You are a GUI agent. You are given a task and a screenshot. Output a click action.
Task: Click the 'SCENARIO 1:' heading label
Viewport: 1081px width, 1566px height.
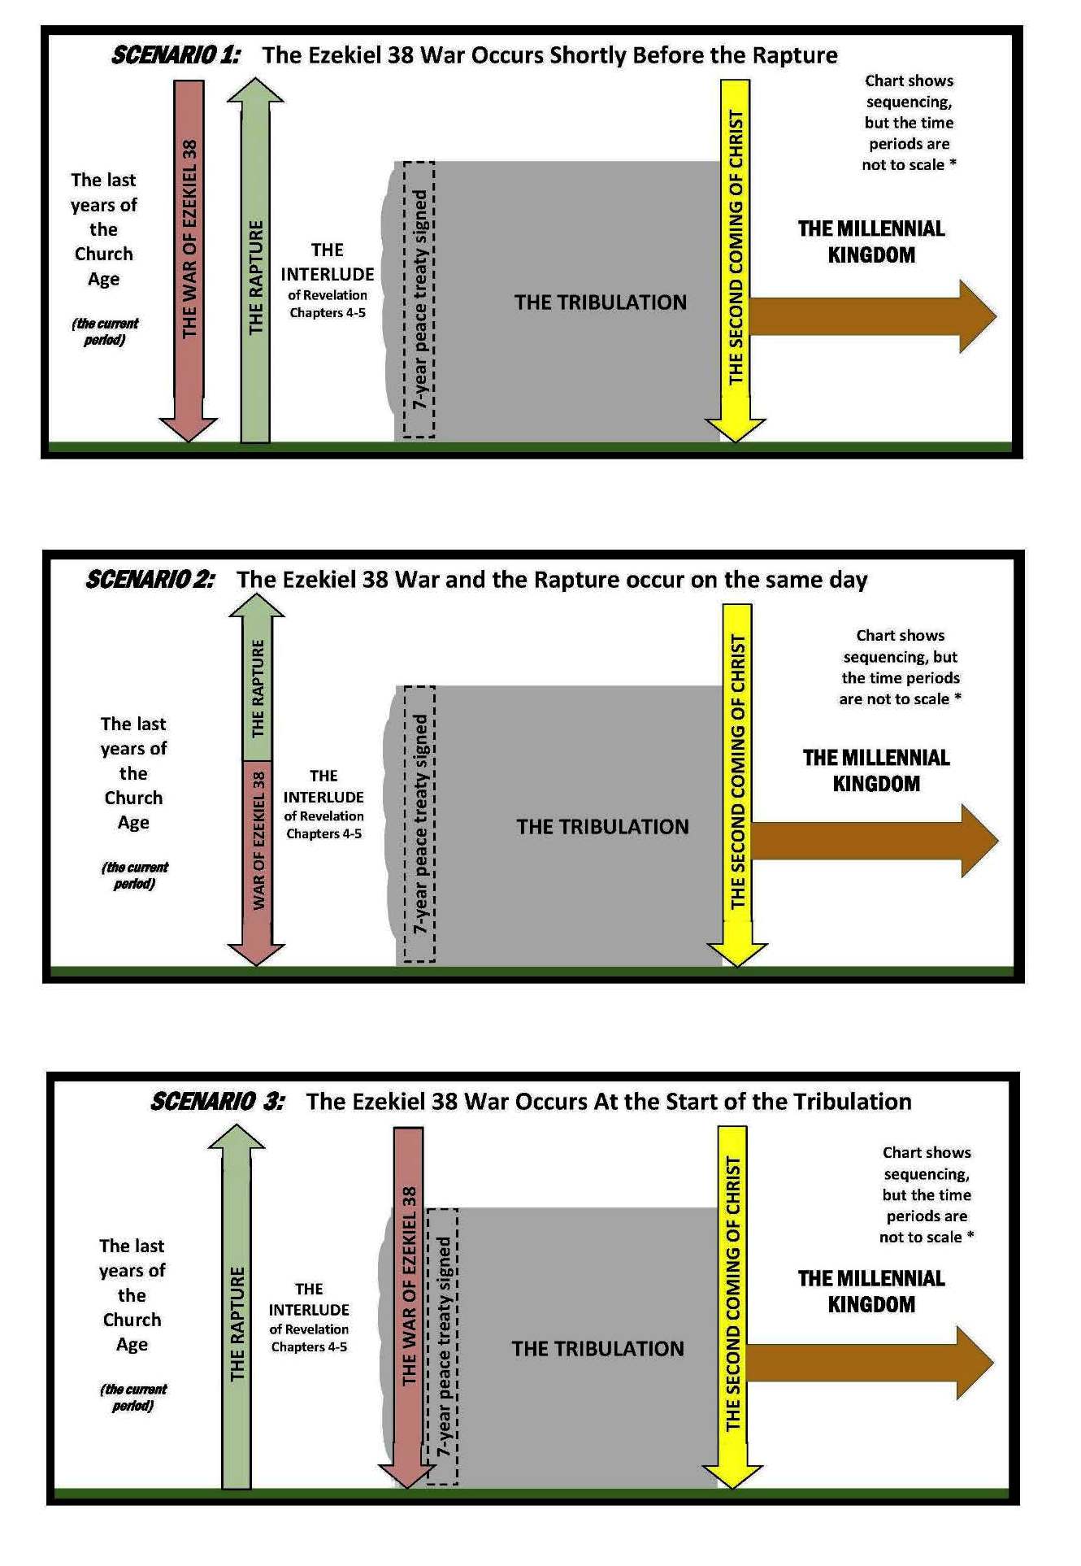176,55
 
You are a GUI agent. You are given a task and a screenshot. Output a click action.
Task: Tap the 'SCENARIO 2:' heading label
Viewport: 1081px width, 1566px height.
150,580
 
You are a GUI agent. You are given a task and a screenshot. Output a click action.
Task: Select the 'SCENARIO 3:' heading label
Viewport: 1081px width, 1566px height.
217,1102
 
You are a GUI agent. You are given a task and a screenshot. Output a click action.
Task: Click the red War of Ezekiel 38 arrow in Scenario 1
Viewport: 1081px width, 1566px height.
189,244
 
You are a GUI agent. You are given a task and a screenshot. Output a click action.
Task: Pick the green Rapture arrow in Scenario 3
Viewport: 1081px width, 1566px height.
237,1317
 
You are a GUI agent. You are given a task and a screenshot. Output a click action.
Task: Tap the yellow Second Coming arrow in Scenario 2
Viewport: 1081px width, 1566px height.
737,772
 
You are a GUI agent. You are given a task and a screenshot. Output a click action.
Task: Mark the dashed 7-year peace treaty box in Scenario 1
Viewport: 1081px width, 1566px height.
419,299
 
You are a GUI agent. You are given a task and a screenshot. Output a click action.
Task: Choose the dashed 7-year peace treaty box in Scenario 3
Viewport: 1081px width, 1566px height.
442,1346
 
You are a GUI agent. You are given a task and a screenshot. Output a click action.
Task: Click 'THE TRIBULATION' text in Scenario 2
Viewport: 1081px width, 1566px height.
602,827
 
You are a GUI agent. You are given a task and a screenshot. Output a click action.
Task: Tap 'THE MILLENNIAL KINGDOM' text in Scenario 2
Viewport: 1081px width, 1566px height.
876,771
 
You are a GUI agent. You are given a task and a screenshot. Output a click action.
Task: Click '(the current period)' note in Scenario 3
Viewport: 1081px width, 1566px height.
133,1397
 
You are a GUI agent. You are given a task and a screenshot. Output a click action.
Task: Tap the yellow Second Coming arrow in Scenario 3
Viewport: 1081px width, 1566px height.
732,1293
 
